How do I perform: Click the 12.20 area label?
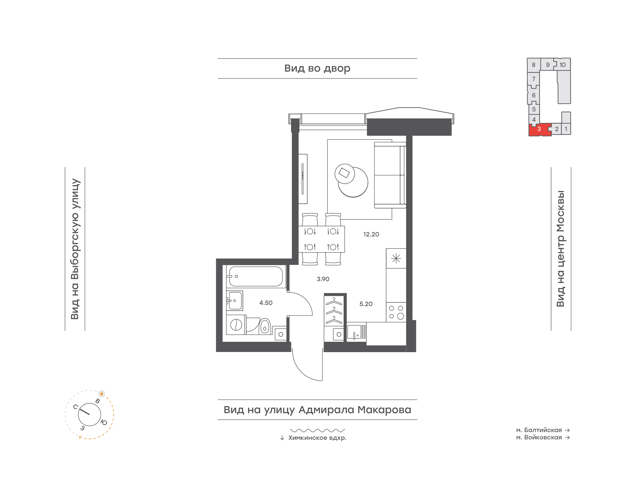click(x=371, y=234)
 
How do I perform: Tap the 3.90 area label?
click(x=323, y=279)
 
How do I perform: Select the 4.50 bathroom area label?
click(x=266, y=303)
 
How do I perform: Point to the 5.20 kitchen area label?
click(x=366, y=304)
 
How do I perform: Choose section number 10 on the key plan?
click(x=563, y=65)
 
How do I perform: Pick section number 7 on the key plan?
click(x=534, y=79)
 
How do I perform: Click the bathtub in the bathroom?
click(x=256, y=276)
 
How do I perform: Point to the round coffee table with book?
click(x=345, y=174)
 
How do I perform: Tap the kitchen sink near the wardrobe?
click(x=356, y=332)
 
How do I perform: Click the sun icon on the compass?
click(x=101, y=394)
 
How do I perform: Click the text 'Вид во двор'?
click(x=317, y=69)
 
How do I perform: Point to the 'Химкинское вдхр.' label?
click(x=317, y=438)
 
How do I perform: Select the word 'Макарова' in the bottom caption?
click(x=385, y=410)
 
